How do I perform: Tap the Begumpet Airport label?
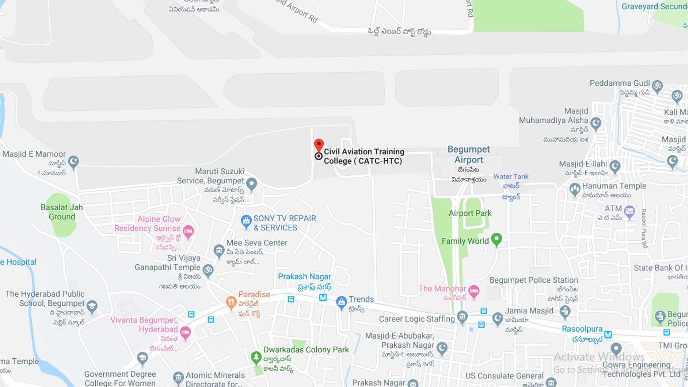click(468, 155)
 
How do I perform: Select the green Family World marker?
click(497, 239)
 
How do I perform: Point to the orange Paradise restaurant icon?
click(231, 302)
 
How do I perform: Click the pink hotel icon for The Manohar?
click(473, 291)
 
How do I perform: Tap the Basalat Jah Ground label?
click(62, 212)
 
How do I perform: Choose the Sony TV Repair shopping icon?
click(246, 221)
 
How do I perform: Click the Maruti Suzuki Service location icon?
click(252, 184)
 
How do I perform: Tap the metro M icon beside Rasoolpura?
click(608, 334)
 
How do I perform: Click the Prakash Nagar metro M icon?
click(323, 298)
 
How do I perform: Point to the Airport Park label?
click(470, 213)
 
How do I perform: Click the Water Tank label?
click(511, 176)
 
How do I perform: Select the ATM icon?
click(629, 211)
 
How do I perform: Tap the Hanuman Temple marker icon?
click(575, 190)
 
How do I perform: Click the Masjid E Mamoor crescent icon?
click(74, 162)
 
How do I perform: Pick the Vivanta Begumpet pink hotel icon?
click(185, 332)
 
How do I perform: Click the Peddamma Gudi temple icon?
click(657, 86)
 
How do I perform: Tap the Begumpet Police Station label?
click(534, 280)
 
